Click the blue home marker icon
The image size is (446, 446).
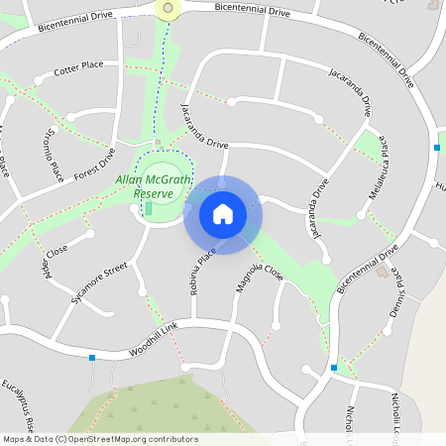pos(223,213)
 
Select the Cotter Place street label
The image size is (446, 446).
pos(79,68)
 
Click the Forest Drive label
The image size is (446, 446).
pos(94,161)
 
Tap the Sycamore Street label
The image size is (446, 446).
pos(100,282)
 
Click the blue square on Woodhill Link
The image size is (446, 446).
pos(92,357)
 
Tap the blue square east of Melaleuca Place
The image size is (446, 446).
pos(436,148)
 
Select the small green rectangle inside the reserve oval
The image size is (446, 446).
pos(149,208)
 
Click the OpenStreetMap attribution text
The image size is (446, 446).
pos(100,439)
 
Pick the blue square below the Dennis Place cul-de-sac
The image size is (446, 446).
pos(334,368)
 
